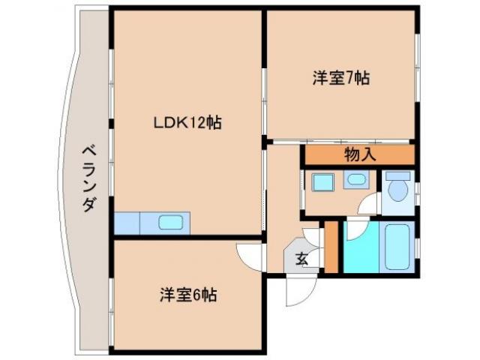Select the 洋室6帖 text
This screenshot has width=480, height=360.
click(187, 295)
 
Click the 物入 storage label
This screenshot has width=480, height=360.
click(359, 155)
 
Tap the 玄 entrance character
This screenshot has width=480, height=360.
click(301, 260)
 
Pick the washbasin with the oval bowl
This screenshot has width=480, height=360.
click(355, 179)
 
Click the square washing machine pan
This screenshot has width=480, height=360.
click(323, 183)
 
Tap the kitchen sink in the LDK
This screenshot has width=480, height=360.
click(169, 223)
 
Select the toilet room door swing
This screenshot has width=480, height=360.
click(370, 205)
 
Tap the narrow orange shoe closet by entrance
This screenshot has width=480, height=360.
click(331, 247)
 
